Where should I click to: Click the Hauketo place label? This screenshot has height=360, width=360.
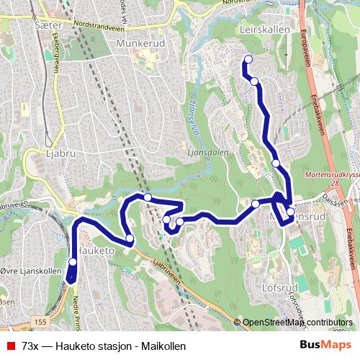[x=96, y=250]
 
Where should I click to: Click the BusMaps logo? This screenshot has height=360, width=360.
[x=325, y=346]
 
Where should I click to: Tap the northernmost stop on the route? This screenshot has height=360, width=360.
[x=248, y=59]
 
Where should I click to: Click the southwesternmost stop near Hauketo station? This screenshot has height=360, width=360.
[x=73, y=263]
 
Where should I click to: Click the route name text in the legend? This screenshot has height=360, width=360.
[x=104, y=346]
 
